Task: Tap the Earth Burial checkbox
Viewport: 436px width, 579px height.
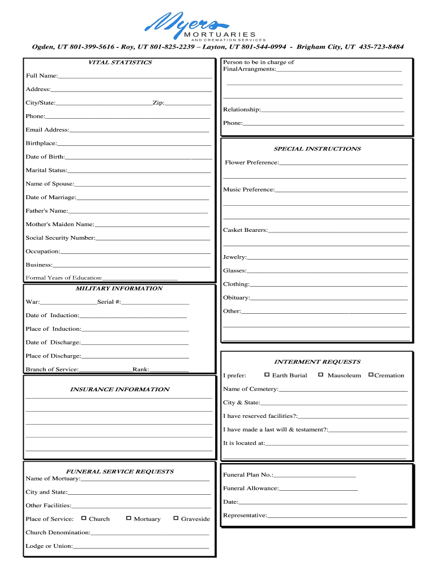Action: (267, 375)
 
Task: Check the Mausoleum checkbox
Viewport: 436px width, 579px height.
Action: (320, 375)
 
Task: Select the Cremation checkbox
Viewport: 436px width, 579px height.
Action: (371, 375)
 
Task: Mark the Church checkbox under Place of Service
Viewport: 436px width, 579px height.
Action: (84, 518)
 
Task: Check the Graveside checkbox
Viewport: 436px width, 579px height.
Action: (176, 518)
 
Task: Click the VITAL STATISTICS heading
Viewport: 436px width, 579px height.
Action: (120, 62)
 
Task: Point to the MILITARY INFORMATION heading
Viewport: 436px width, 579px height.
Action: (119, 288)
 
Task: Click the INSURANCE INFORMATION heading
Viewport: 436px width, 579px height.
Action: (119, 389)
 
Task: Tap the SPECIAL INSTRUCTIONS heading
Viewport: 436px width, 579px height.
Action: (317, 149)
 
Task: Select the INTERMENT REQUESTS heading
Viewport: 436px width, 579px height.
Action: (317, 361)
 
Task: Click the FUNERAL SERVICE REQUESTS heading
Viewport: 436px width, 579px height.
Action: (119, 471)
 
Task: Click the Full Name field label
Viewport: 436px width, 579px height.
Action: (41, 76)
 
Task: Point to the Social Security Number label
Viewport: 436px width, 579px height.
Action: (60, 238)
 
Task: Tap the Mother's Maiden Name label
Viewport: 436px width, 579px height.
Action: (59, 224)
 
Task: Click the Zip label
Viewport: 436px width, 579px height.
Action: (158, 103)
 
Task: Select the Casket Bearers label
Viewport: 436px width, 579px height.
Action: (245, 230)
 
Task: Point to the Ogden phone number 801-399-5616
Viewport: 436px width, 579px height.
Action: (91, 47)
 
